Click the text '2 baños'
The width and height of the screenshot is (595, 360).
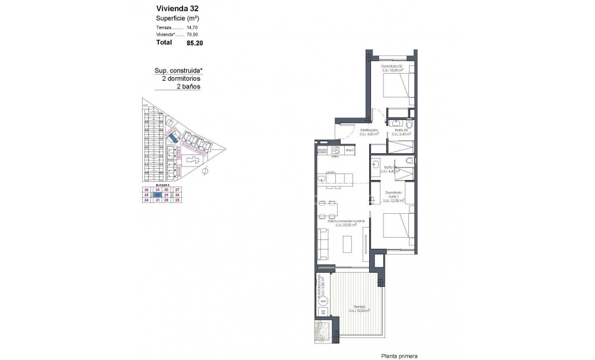pos(188,86)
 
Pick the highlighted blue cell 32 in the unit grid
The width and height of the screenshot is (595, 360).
pos(157,194)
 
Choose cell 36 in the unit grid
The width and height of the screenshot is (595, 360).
pos(146,189)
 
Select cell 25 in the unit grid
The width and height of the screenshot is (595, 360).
pos(177,200)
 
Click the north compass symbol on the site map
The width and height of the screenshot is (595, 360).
pos(204,171)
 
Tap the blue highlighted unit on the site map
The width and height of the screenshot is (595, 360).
pos(172,137)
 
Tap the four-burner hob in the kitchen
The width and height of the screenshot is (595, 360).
pos(336,150)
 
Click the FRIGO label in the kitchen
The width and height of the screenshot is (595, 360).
pos(350,151)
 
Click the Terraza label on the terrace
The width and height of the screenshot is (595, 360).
pos(358,307)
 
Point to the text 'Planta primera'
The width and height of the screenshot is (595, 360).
pos(399,356)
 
